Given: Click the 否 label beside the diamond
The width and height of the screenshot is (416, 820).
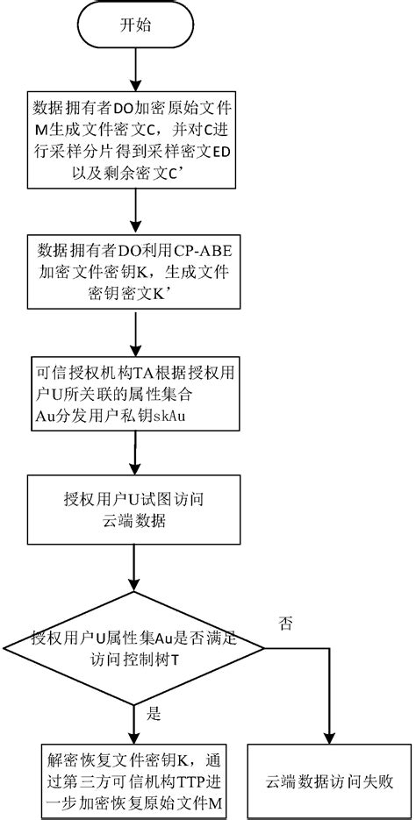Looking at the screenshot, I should click(285, 624).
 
